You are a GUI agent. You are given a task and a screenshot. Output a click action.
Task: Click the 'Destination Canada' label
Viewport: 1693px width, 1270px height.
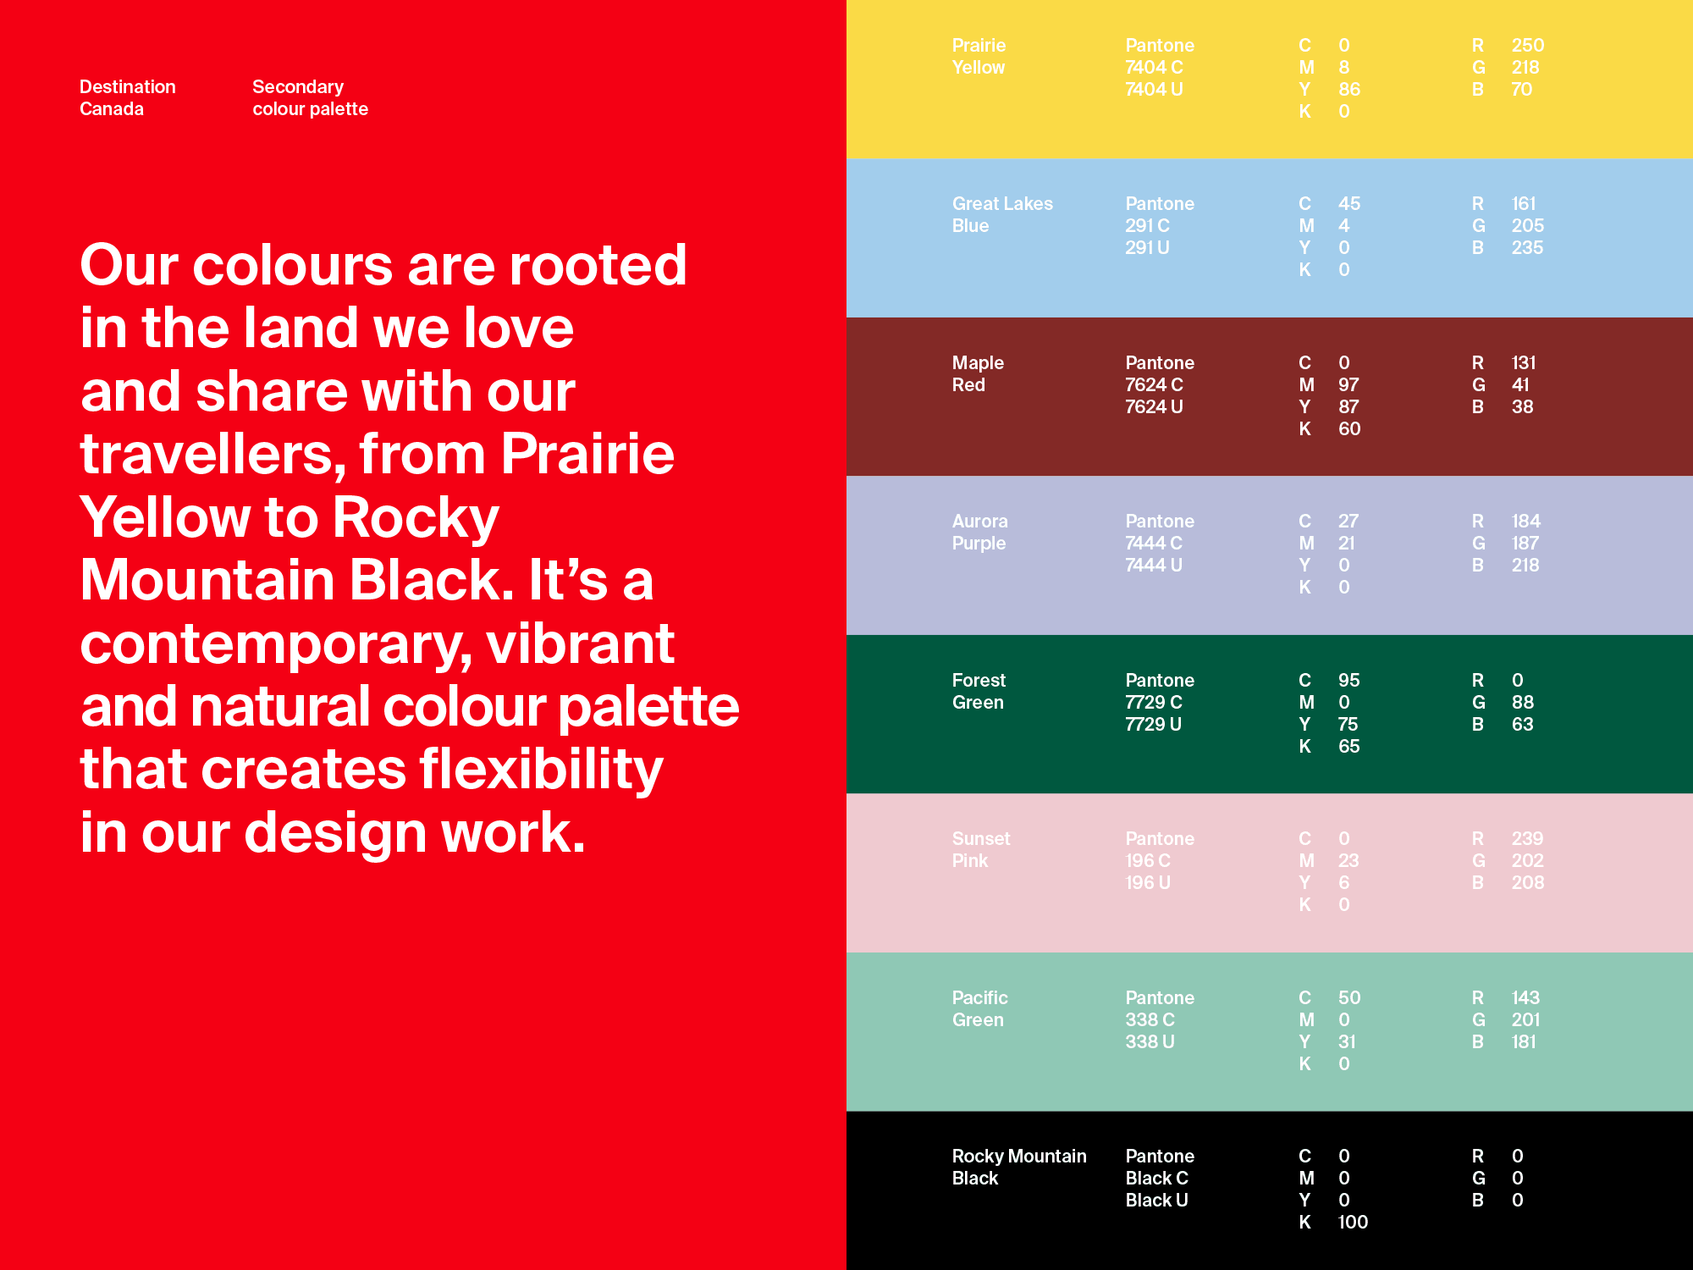tap(128, 98)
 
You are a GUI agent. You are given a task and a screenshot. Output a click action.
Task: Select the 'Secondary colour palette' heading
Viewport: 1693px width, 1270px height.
tap(310, 98)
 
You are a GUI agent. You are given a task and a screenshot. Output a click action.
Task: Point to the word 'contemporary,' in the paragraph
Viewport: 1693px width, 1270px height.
tap(276, 645)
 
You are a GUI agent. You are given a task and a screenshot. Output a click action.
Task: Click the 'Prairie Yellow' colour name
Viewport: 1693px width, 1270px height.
tap(979, 57)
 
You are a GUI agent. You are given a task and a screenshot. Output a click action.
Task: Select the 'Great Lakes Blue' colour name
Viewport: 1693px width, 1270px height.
tap(1002, 215)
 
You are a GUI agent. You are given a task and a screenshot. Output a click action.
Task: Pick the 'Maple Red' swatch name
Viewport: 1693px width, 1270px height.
tap(978, 374)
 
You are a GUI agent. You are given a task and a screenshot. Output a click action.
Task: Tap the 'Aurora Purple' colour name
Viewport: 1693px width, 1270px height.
tap(979, 533)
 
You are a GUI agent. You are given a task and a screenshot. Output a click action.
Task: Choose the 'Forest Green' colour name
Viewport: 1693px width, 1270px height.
tap(979, 692)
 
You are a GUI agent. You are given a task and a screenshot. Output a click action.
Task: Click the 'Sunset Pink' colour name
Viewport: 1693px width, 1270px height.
tap(981, 850)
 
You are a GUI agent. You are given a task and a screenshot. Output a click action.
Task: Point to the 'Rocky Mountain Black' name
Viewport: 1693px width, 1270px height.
tap(1019, 1168)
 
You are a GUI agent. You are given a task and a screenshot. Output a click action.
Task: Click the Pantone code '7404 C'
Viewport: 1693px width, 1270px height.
tap(1154, 68)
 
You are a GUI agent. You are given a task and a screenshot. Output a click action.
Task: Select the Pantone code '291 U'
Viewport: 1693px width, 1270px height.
tap(1147, 248)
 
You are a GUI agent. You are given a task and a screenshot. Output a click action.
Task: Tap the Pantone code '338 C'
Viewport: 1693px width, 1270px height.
tap(1150, 1020)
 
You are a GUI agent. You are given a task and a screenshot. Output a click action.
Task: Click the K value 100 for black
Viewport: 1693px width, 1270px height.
tap(1353, 1223)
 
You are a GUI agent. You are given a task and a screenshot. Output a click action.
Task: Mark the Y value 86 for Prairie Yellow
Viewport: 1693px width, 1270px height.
tap(1349, 90)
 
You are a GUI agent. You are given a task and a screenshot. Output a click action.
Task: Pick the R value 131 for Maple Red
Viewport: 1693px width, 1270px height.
tap(1524, 363)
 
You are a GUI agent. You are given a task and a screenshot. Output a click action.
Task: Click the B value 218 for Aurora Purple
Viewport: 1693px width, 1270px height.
tap(1525, 566)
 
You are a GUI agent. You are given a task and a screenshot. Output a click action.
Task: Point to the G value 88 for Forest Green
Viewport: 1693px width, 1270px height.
tap(1523, 703)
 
